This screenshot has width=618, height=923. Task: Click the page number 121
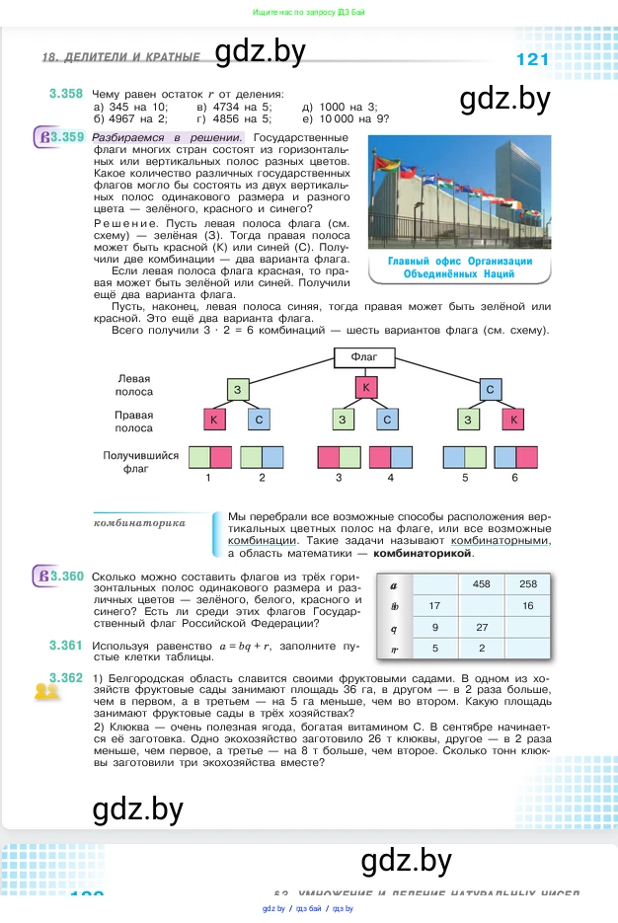(532, 59)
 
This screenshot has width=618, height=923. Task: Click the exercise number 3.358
(65, 94)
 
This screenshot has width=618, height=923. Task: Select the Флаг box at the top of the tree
(364, 356)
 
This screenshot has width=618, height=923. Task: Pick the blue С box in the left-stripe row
(490, 390)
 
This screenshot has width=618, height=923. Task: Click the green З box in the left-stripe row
(238, 390)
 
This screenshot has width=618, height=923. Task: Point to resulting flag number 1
(209, 457)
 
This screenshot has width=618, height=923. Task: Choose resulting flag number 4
(390, 457)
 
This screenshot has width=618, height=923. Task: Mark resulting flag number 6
(514, 457)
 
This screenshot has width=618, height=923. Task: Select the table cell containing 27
(482, 627)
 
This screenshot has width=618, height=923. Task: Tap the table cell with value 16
(527, 605)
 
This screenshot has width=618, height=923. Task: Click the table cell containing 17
(434, 605)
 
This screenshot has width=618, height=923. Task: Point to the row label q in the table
(395, 627)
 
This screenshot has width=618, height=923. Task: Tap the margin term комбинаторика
(139, 522)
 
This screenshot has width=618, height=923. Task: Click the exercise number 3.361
(65, 646)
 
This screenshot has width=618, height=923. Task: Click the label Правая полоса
(133, 422)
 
